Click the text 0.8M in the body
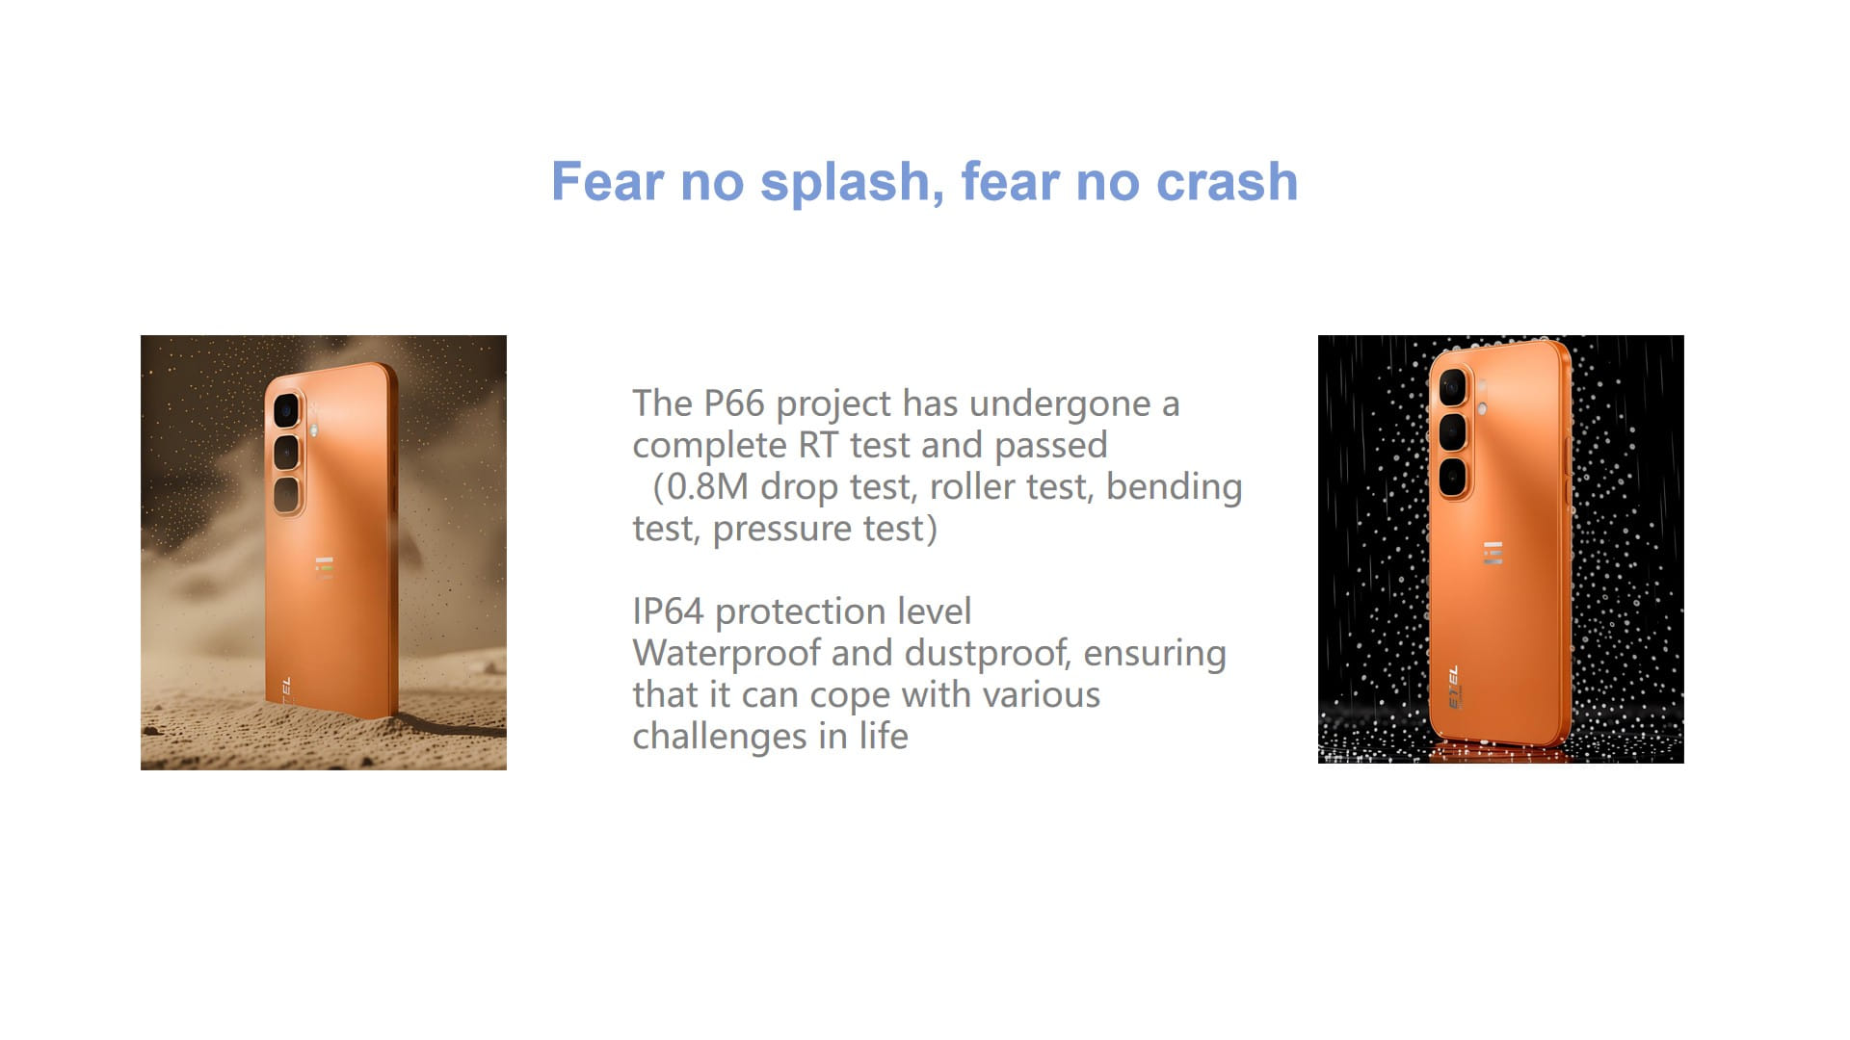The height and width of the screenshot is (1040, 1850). [707, 487]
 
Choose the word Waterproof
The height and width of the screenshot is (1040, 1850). [727, 654]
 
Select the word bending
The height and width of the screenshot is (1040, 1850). [1175, 488]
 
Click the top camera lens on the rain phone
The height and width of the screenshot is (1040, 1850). [1453, 388]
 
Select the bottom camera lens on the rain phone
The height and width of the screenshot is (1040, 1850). [1453, 477]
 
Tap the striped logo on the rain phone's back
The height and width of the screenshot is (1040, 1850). [1493, 553]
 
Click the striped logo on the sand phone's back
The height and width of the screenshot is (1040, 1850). [325, 568]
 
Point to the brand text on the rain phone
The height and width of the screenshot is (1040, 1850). [1453, 687]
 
